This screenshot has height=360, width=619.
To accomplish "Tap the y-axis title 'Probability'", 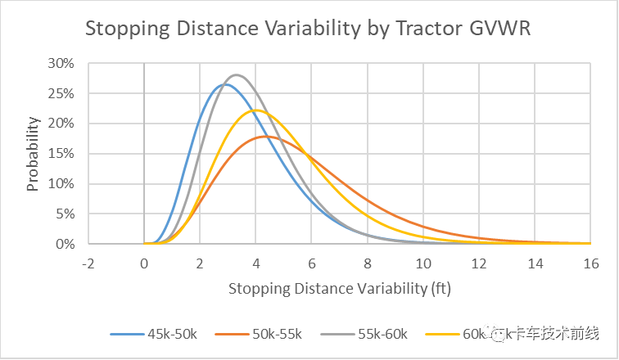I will [x=33, y=154].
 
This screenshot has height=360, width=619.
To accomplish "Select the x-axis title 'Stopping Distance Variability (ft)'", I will [x=339, y=288].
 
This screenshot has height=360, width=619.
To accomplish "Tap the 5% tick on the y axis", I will [x=66, y=214].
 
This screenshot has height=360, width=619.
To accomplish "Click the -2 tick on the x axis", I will [x=88, y=263].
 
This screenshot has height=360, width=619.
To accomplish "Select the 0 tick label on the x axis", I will [x=144, y=263].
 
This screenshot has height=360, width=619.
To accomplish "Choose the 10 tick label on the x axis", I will [x=422, y=263].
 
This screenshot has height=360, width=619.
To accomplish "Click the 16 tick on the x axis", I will [x=590, y=263].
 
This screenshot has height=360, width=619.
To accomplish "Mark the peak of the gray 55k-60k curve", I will [x=236, y=74].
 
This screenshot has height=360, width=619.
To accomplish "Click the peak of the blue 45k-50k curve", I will [x=225, y=84].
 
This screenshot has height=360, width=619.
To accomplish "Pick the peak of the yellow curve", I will [x=256, y=110].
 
